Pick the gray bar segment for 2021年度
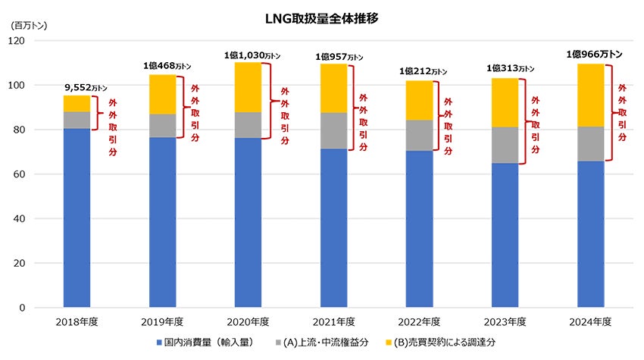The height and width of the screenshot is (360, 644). click(x=334, y=130)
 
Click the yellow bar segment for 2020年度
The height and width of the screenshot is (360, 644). click(x=249, y=87)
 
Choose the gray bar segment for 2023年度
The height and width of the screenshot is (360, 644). click(x=505, y=145)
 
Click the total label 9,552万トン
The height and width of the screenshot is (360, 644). click(x=76, y=87)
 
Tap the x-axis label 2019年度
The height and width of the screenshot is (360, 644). click(x=162, y=322)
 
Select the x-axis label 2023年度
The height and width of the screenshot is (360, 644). click(x=505, y=322)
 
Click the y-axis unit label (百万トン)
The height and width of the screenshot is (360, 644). click(x=29, y=24)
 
